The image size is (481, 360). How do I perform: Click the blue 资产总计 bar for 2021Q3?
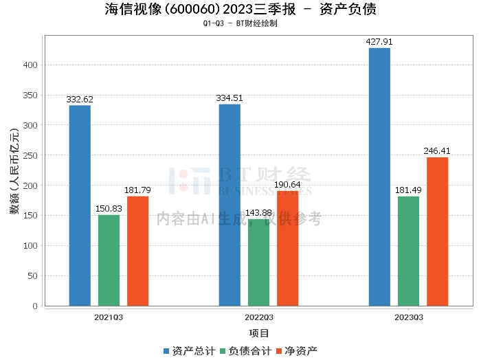click(80, 205)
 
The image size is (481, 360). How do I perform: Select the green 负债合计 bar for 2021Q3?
click(109, 260)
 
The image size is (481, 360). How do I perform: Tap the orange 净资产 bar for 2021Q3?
click(137, 251)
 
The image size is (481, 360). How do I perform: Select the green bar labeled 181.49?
click(408, 251)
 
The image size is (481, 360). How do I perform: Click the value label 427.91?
click(379, 42)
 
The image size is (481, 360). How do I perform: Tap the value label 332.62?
click(80, 100)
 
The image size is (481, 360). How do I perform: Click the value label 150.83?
click(109, 209)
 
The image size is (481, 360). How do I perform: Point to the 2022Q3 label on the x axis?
click(258, 317)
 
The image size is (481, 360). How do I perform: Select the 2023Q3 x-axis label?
click(408, 317)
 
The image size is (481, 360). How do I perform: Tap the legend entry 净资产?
click(296, 351)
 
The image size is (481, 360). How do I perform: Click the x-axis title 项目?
click(258, 334)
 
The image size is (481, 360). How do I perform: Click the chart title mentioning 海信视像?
click(240, 10)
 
